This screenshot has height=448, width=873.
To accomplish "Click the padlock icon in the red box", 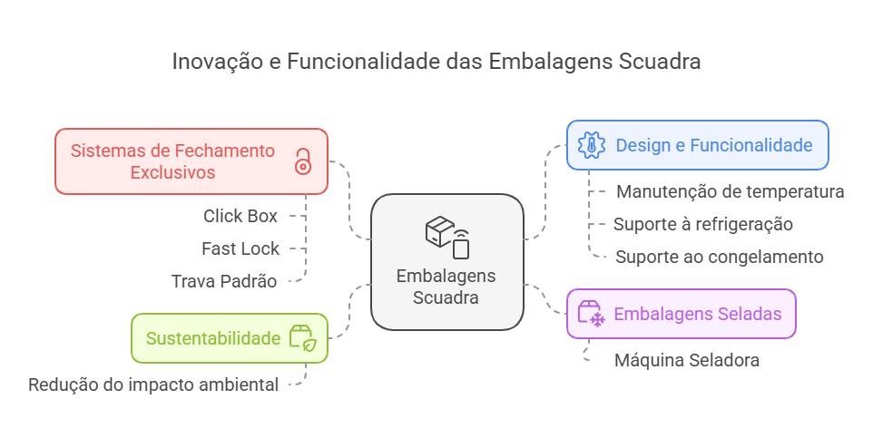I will (x=302, y=161).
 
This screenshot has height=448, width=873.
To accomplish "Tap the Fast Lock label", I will (x=240, y=248).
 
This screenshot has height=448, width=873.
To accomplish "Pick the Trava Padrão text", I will (x=223, y=281).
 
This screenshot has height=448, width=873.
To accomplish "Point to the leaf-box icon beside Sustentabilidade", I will (x=302, y=338).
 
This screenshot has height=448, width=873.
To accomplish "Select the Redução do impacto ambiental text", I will (x=153, y=385).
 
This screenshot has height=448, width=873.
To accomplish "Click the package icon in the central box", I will (x=447, y=236).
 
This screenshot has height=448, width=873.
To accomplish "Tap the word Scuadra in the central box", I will (x=446, y=297).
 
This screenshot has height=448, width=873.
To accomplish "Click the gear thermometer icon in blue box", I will (x=592, y=145).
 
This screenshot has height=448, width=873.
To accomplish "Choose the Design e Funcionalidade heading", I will (x=713, y=145).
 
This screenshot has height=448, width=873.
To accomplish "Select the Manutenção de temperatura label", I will (x=730, y=192).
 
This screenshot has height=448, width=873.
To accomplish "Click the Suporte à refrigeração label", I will (x=702, y=224).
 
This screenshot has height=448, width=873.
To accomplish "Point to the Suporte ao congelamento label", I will (x=719, y=257).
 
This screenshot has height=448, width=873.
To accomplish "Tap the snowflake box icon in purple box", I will (x=591, y=314).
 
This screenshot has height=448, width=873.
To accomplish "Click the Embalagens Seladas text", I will (x=697, y=314).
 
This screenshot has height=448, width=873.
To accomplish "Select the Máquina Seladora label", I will (x=686, y=360).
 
